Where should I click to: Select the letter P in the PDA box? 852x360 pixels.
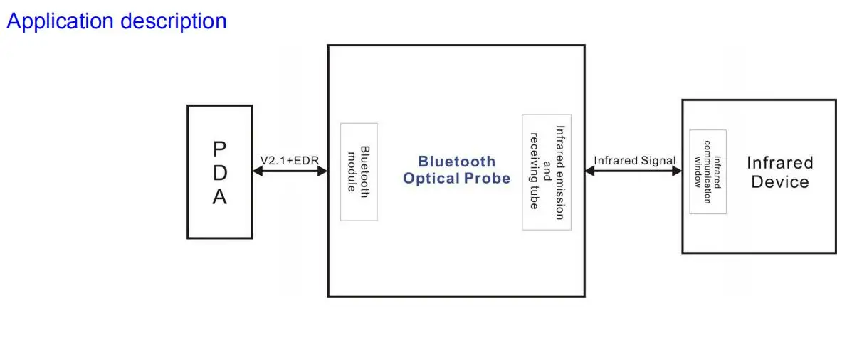(x=219, y=149)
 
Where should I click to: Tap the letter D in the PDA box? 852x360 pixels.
(x=219, y=173)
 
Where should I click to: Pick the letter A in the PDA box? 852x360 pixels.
(x=219, y=196)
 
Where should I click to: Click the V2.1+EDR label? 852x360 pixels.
(x=289, y=161)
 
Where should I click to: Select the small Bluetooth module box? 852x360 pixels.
(x=359, y=171)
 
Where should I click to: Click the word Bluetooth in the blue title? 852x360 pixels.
(x=456, y=162)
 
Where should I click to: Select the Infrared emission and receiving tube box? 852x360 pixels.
(x=547, y=172)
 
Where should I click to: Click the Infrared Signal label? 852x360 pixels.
(x=634, y=161)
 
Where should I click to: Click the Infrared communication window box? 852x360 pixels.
(x=708, y=171)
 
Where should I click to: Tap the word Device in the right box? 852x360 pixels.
(x=779, y=182)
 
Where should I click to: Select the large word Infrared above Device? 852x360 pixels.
(x=779, y=163)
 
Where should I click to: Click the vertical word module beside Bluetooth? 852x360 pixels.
(x=352, y=171)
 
